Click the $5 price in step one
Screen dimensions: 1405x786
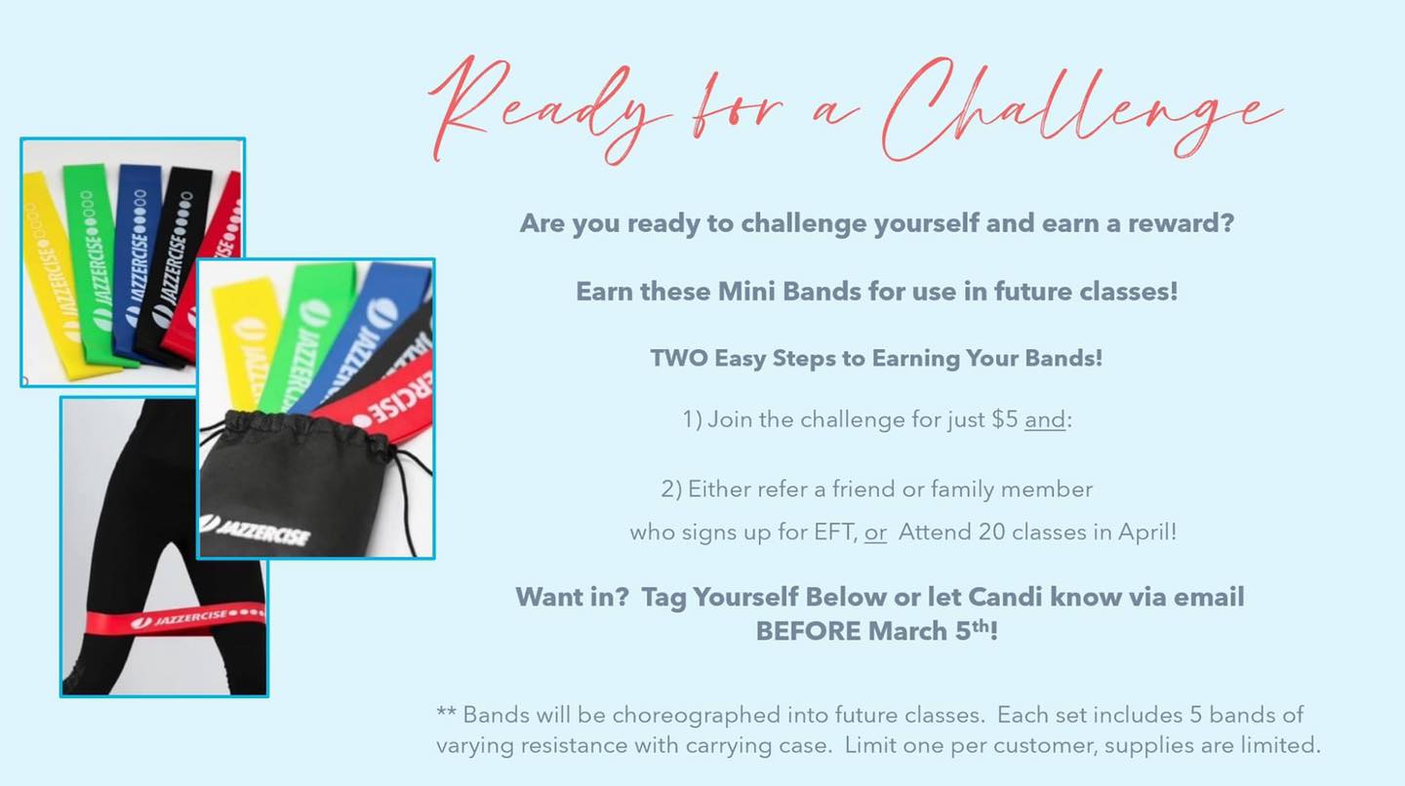pos(1005,419)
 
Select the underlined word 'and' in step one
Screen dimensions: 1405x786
pos(1045,419)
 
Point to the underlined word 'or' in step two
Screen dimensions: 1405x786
pos(875,532)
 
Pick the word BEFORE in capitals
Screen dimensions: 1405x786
pos(809,631)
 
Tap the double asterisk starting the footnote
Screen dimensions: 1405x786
pos(446,712)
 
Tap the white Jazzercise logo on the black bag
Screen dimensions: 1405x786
pos(255,531)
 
